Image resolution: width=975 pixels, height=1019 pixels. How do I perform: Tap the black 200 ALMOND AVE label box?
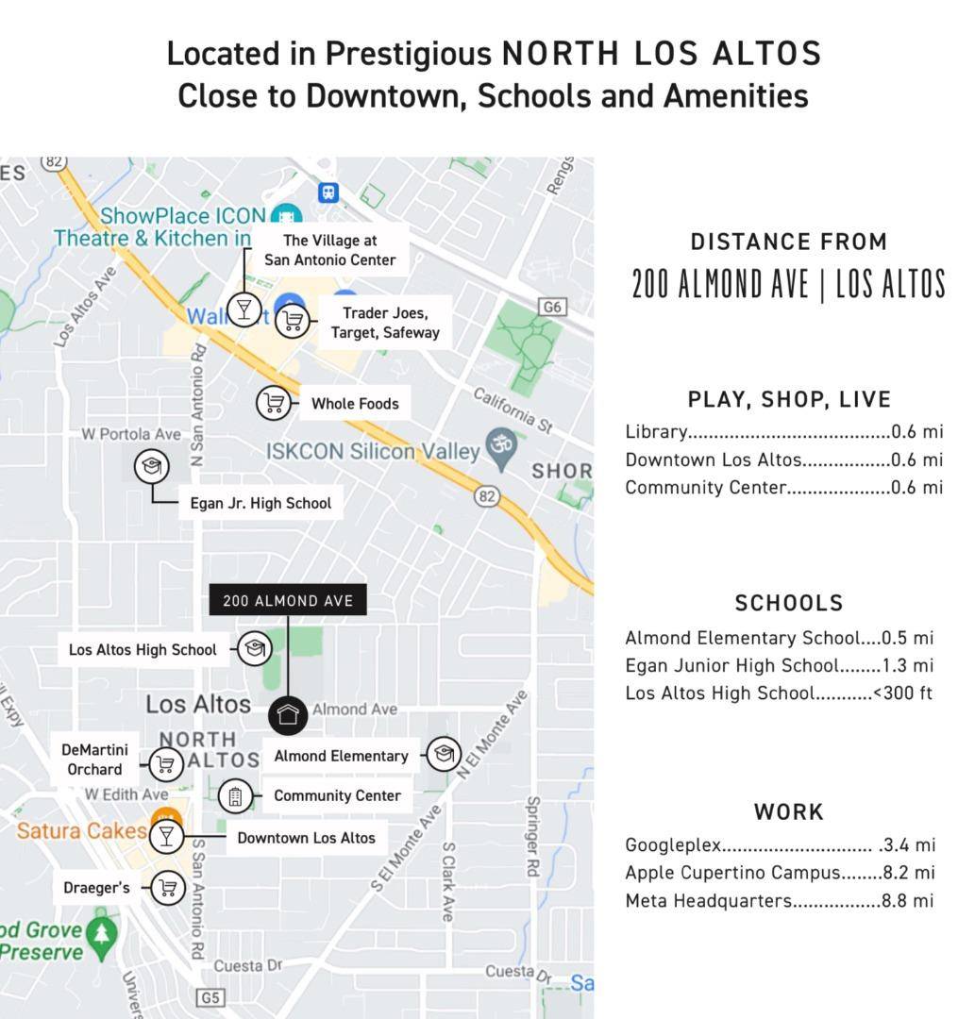(288, 601)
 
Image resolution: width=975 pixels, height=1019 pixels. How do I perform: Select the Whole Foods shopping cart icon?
(274, 403)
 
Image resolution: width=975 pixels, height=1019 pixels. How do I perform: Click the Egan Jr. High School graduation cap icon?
(151, 466)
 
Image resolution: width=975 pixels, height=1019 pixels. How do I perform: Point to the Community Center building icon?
(235, 796)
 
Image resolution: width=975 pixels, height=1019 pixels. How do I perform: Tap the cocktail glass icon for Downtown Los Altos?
(167, 836)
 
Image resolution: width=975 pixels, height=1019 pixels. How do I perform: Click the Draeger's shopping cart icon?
(168, 888)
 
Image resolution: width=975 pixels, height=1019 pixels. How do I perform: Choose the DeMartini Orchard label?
(94, 760)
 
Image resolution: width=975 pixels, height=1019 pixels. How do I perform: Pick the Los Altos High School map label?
(143, 649)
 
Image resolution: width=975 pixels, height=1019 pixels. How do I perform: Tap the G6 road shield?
(552, 307)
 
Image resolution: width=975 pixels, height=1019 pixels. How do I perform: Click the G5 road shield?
(210, 997)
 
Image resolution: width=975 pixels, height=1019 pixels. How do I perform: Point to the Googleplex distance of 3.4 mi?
(908, 844)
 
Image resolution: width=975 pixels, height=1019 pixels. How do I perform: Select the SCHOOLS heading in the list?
(789, 603)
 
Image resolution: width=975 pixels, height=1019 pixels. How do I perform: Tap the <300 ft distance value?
(902, 693)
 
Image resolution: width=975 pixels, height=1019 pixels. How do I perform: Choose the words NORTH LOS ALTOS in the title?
(662, 54)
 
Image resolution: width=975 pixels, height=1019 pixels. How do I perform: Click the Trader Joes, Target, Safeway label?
(385, 323)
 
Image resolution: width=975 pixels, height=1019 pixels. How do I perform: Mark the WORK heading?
(789, 811)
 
